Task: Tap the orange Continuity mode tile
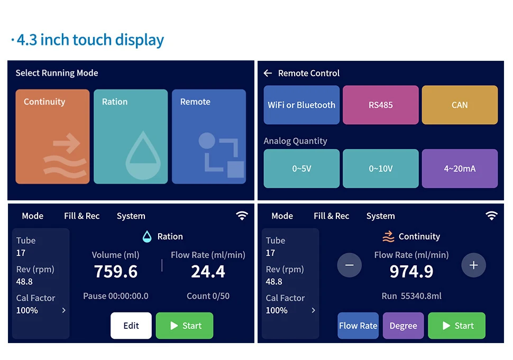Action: click(52, 136)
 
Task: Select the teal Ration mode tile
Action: click(131, 136)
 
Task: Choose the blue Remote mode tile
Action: click(209, 136)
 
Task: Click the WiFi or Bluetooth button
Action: click(301, 105)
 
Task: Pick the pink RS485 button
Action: click(381, 105)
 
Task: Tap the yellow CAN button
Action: click(460, 105)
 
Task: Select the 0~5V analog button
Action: click(301, 169)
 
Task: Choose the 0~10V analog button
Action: click(381, 169)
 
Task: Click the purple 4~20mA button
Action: click(460, 169)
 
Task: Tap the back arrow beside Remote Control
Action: click(268, 73)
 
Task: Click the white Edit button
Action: click(131, 326)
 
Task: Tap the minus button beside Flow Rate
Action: click(350, 265)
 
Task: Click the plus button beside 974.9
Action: click(473, 265)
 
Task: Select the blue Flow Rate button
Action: click(358, 326)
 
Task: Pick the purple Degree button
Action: click(404, 326)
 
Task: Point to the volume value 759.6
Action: click(116, 272)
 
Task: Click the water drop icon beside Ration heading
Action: click(147, 236)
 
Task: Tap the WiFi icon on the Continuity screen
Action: click(491, 216)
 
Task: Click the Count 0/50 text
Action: click(208, 296)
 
